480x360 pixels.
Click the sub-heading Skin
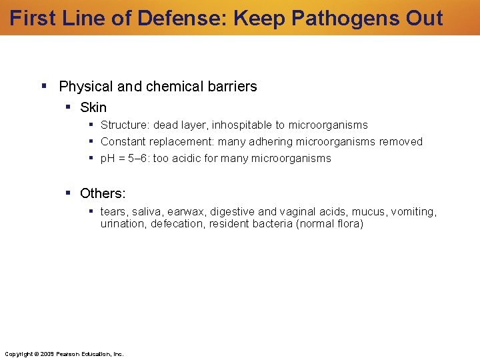(93, 107)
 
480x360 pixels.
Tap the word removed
(401, 142)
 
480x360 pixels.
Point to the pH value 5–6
(136, 159)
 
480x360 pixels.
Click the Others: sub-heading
(103, 193)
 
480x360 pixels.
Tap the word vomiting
(413, 212)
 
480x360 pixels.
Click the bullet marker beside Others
(69, 193)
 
